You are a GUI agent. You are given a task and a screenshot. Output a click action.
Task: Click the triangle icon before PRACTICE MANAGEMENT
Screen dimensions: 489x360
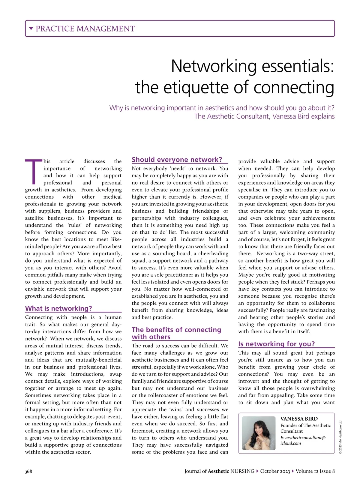31,29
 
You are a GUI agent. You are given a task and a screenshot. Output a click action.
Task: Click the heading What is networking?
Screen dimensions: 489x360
58,308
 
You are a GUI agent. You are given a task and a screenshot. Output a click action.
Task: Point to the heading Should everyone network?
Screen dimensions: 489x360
177,160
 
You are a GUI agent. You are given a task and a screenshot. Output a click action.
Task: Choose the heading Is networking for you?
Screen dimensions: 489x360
276,344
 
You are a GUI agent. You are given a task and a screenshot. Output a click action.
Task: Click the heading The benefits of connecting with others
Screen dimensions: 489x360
176,333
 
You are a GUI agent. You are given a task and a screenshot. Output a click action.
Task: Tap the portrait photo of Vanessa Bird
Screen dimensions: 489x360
259,433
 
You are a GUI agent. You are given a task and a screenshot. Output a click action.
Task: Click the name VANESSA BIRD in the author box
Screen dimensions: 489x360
299,419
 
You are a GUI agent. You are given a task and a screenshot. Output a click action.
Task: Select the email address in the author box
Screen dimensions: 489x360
303,440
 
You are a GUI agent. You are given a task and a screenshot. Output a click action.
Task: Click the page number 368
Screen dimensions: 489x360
28,471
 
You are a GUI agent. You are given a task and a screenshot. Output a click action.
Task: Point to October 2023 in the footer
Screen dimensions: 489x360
275,471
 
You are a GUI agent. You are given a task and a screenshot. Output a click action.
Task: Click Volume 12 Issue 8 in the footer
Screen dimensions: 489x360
315,471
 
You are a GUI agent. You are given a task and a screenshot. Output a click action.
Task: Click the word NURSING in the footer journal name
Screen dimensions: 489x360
242,471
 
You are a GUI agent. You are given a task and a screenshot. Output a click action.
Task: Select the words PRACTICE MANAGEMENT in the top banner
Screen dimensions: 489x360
85,29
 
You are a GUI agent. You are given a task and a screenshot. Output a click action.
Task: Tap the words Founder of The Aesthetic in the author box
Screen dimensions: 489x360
305,425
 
